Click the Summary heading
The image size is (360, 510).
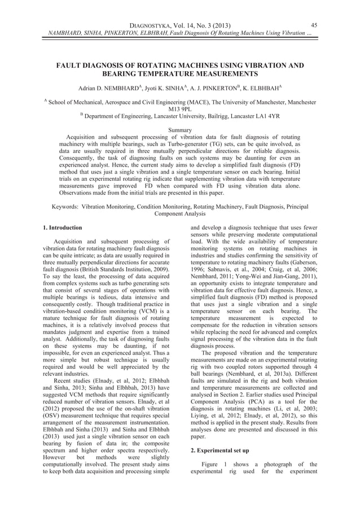180,131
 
